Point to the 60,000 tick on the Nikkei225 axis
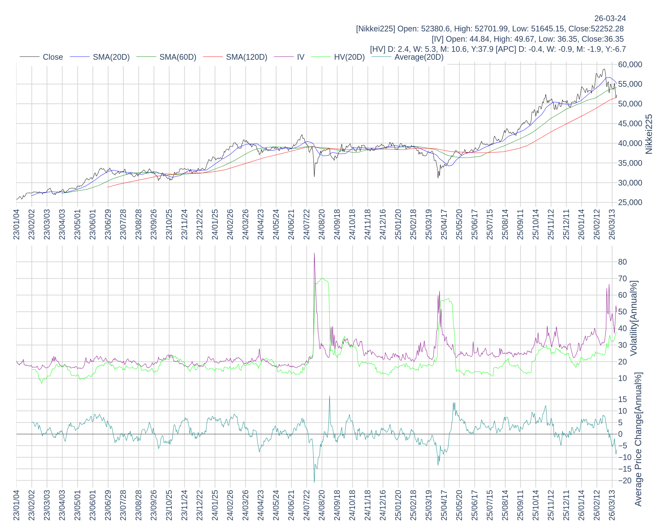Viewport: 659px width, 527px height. coord(630,65)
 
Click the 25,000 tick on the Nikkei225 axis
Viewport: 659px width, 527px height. coord(630,203)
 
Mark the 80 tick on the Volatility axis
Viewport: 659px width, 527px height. coord(622,262)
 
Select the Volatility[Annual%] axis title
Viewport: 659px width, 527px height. coord(634,318)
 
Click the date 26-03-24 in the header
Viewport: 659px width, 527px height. coord(610,18)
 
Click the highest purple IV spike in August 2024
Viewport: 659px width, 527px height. coord(314,253)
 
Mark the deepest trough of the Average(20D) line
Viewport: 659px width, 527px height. coord(314,482)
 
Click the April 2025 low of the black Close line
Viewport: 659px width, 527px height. coord(438,178)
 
